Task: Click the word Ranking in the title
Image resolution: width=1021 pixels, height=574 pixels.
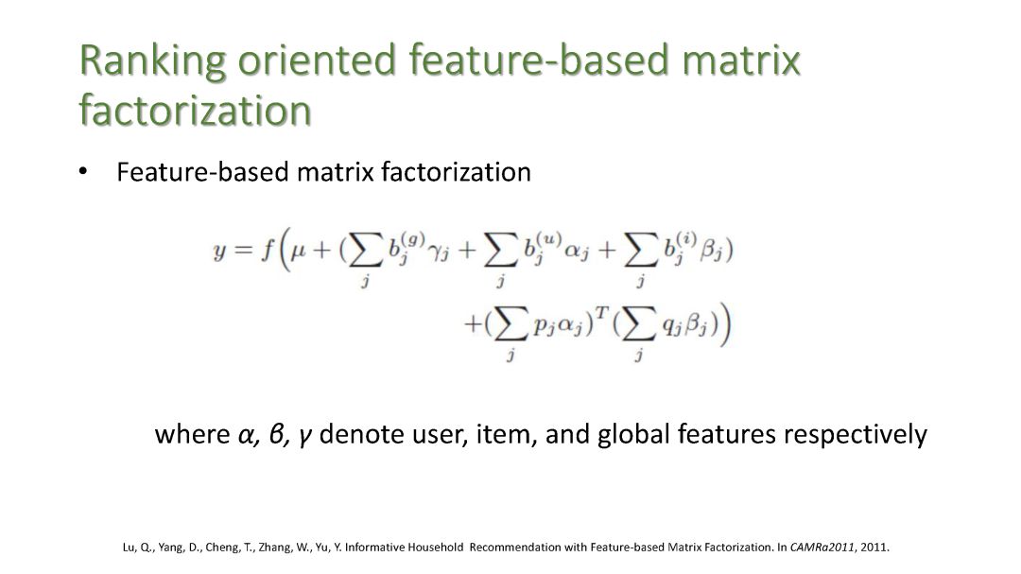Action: [x=153, y=61]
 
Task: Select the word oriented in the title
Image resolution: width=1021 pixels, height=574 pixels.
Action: [x=317, y=60]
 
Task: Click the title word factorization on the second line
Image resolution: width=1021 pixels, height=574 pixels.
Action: [x=196, y=110]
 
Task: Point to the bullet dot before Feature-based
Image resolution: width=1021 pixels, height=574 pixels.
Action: [x=82, y=172]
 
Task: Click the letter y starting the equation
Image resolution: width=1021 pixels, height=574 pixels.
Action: [x=219, y=251]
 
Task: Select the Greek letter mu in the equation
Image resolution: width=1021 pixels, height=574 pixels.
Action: [x=298, y=251]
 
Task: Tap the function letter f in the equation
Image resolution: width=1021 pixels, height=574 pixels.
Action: [x=267, y=250]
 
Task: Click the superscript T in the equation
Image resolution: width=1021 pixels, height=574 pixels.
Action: [x=601, y=314]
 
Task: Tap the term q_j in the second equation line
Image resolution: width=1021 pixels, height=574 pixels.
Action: [x=671, y=327]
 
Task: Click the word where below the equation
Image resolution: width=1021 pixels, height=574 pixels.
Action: [x=192, y=434]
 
